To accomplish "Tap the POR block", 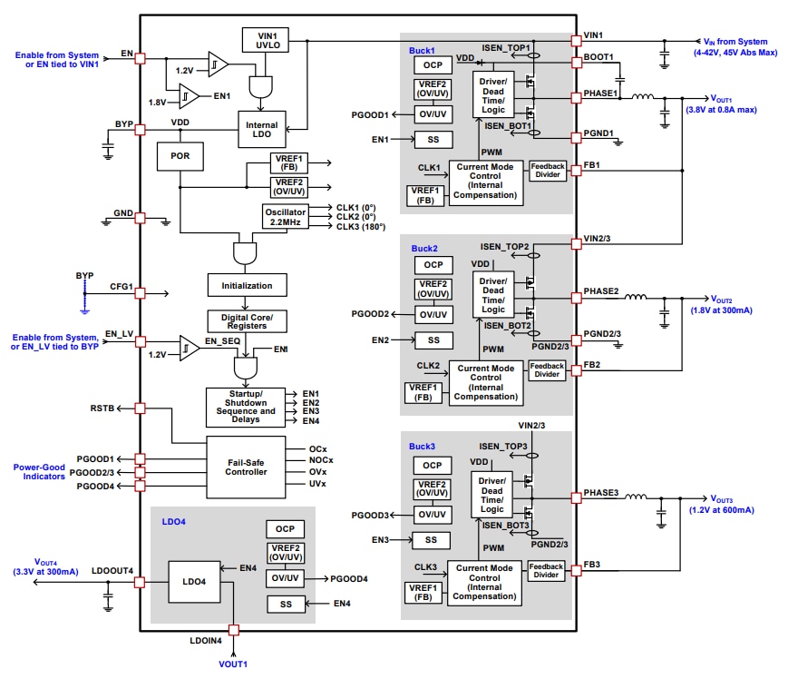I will click(x=180, y=155).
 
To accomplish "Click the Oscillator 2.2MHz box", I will click(x=285, y=216).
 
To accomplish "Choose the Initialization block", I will click(x=246, y=285).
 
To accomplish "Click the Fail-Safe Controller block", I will click(x=246, y=467).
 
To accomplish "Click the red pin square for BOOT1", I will click(x=576, y=63).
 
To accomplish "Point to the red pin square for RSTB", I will click(x=140, y=408).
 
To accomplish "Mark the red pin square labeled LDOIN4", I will click(x=234, y=629).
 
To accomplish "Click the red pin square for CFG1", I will click(x=140, y=293).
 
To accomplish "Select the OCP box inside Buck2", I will click(x=433, y=265).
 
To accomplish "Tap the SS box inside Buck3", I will click(x=432, y=540).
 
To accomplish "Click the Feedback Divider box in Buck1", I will click(x=547, y=171).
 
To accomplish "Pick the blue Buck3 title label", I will click(x=423, y=447).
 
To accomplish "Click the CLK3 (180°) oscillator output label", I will click(x=361, y=227).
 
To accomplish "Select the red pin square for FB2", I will click(x=576, y=366).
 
